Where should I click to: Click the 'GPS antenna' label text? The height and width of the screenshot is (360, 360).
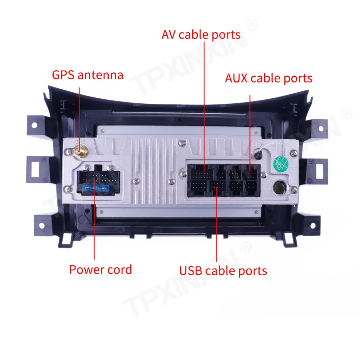coord(87,75)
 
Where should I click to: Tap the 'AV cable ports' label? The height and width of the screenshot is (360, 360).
coord(201,35)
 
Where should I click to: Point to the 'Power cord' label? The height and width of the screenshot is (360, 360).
coord(100,269)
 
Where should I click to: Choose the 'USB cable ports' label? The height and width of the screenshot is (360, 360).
coord(223,270)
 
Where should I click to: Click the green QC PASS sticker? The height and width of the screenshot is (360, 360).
coord(282,162)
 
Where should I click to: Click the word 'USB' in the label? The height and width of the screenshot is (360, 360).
coord(191,270)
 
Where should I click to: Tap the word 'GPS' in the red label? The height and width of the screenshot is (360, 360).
coord(64,75)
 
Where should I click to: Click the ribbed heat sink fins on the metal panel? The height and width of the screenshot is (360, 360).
coord(149,173)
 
